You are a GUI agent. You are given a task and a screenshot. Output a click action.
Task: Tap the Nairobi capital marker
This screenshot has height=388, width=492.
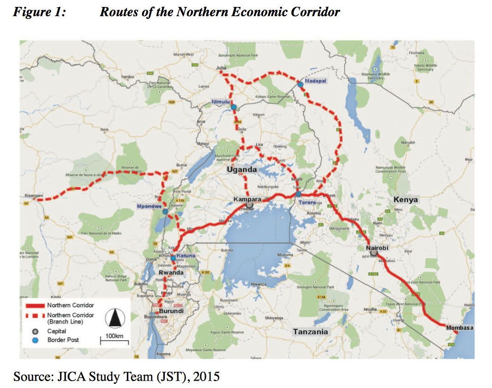(x=374, y=254)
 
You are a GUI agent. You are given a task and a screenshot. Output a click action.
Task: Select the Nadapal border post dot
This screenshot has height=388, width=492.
(x=300, y=84)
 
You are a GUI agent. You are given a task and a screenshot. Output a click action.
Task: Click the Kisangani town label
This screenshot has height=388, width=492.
(x=34, y=196)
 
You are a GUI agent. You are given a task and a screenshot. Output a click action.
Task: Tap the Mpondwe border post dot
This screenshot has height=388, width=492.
(x=165, y=212)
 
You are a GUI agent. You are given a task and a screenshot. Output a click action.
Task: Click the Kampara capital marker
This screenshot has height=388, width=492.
(x=249, y=205)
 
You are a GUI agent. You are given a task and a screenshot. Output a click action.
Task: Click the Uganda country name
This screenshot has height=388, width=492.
(x=241, y=170)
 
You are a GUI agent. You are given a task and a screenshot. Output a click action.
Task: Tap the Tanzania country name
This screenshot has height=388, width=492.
(x=310, y=332)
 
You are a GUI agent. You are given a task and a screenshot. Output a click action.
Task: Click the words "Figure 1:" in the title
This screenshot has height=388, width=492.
(x=39, y=12)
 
